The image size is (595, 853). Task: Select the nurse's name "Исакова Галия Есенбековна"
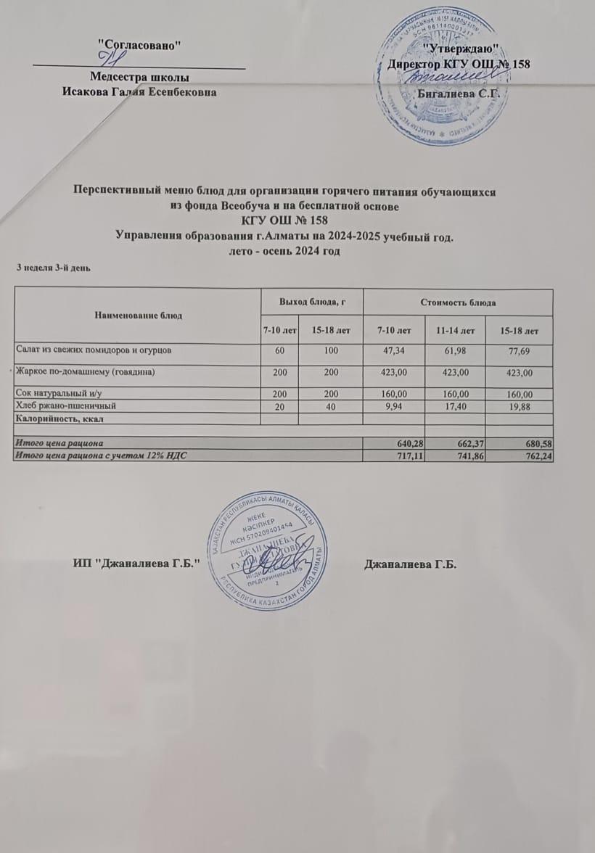pyautogui.click(x=139, y=91)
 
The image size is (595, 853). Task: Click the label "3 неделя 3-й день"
pyautogui.click(x=54, y=268)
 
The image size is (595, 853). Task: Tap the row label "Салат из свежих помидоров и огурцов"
pyautogui.click(x=94, y=350)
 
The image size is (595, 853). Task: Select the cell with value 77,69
pyautogui.click(x=518, y=351)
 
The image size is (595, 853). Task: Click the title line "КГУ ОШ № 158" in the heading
pyautogui.click(x=287, y=221)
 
